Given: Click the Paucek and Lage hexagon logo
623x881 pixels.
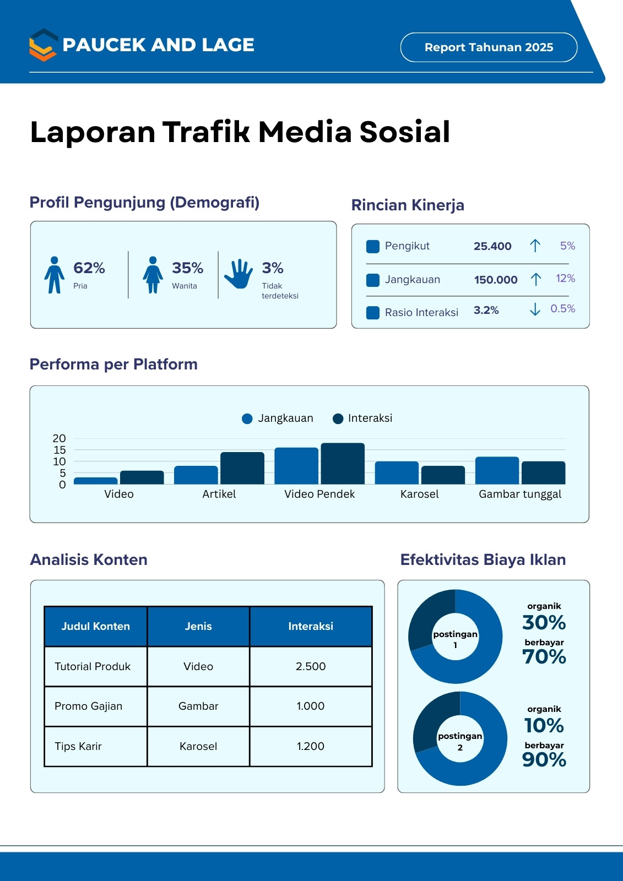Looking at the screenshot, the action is click(x=44, y=45).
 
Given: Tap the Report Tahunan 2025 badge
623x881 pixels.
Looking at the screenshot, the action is click(x=489, y=47).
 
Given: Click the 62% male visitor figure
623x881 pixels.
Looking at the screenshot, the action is click(x=89, y=268).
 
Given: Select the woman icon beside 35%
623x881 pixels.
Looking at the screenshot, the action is click(x=153, y=275).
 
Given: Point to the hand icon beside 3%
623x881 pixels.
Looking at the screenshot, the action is click(x=239, y=274).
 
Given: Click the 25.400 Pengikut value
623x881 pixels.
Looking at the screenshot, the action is click(x=492, y=246).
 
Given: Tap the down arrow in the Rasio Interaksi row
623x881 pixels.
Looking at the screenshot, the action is click(x=535, y=309).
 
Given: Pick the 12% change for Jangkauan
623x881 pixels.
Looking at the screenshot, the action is click(x=566, y=279).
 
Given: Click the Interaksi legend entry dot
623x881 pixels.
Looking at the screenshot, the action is click(x=338, y=419).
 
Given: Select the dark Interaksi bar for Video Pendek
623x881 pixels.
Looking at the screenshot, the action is click(x=343, y=463).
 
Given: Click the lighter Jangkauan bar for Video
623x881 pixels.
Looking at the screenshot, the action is click(x=96, y=481).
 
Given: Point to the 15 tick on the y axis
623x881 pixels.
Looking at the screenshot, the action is click(x=59, y=450).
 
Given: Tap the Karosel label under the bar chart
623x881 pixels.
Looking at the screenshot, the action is click(x=420, y=494).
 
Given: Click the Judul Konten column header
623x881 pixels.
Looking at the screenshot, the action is click(x=96, y=626).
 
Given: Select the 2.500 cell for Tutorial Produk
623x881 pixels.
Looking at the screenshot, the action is click(x=311, y=666).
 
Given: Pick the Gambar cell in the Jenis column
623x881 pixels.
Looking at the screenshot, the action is click(x=198, y=706).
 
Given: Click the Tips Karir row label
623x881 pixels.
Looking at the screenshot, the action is click(x=78, y=746).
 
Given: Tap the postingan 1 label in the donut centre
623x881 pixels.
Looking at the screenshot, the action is click(x=456, y=639).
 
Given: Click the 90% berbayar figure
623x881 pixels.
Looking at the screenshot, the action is click(x=544, y=759).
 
